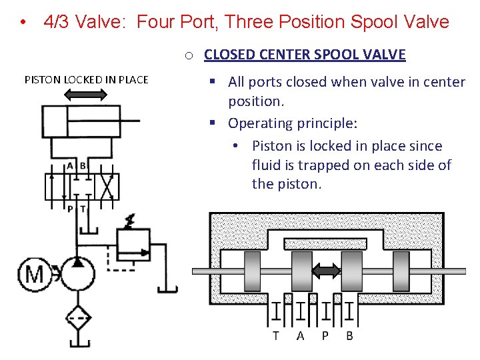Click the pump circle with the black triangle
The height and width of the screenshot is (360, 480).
(78, 273)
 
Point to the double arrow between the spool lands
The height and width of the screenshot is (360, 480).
(327, 271)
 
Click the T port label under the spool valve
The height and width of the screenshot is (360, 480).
(275, 335)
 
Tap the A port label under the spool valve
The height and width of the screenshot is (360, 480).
(300, 335)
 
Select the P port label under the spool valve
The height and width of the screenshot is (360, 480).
(325, 335)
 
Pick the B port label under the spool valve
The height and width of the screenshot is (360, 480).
(349, 335)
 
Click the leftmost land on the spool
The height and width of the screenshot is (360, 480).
(253, 271)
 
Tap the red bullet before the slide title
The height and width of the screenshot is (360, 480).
(23, 23)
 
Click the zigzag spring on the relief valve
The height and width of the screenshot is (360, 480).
(129, 220)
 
